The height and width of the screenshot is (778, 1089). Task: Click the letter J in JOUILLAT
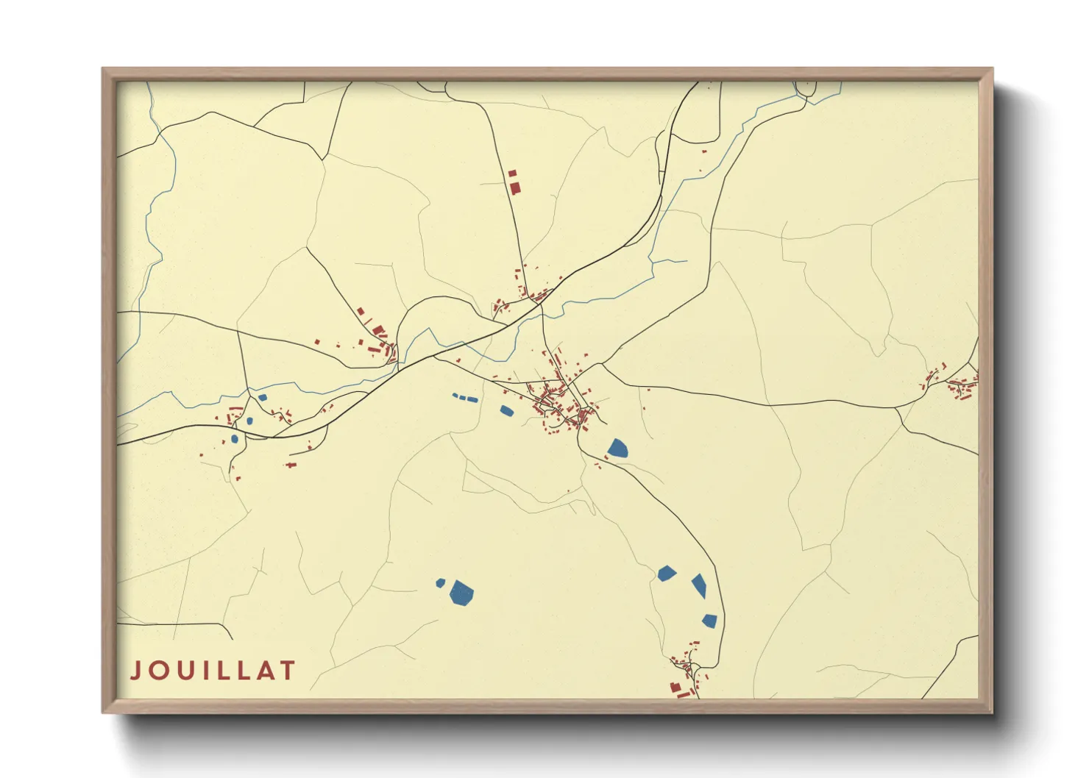[136, 670]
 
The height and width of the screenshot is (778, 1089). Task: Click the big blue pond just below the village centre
[618, 448]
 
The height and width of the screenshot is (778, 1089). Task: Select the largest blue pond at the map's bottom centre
[461, 592]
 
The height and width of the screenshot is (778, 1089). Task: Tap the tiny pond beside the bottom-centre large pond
[440, 582]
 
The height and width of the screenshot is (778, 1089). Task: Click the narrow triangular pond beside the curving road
[699, 585]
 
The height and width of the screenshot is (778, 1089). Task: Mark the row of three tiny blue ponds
[464, 398]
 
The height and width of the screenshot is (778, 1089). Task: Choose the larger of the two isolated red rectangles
[515, 188]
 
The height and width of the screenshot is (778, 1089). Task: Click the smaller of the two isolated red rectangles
[512, 174]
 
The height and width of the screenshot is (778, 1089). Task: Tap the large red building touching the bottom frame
[675, 688]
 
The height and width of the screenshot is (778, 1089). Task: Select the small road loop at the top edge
[806, 89]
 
